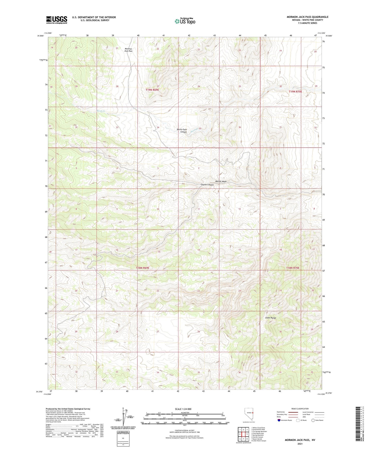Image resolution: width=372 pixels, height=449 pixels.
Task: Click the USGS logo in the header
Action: [56, 20]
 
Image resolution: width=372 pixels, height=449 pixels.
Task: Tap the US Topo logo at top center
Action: [185, 21]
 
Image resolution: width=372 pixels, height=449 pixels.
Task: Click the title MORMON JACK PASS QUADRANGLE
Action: [307, 17]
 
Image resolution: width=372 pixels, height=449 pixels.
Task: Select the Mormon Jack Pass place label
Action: [128, 50]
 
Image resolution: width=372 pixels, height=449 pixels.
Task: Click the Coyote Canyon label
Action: [207, 185]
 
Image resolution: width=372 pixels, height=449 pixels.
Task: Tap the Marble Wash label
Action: [221, 181]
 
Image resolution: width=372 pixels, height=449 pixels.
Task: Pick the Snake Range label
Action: [270, 318]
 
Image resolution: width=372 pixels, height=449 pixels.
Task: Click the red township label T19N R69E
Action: [152, 90]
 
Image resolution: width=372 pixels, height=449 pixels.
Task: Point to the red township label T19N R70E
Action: [295, 92]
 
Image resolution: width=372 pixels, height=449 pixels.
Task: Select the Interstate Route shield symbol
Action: [279, 420]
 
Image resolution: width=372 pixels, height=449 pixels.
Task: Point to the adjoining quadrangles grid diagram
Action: [243, 435]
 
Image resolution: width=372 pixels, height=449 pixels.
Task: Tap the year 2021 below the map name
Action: [300, 444]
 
